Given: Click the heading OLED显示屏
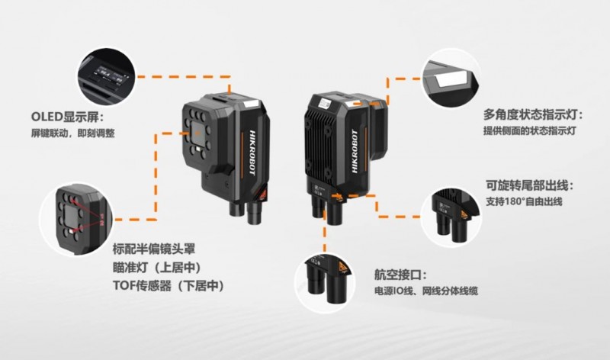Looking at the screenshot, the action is pyautogui.click(x=66, y=117).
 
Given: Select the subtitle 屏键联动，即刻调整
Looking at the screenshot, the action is pyautogui.click(x=72, y=133).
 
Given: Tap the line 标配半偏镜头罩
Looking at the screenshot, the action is pyautogui.click(x=154, y=249).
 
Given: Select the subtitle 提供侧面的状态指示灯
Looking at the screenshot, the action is pyautogui.click(x=529, y=130).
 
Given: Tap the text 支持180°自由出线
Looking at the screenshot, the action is pyautogui.click(x=524, y=201).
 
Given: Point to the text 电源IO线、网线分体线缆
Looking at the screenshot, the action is pyautogui.click(x=425, y=291).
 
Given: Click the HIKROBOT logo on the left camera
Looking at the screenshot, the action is pyautogui.click(x=252, y=153).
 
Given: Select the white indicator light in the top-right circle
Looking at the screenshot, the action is pyautogui.click(x=451, y=79).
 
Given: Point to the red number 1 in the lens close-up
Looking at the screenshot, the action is pyautogui.click(x=102, y=216).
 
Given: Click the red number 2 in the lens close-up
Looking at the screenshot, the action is pyautogui.click(x=102, y=223).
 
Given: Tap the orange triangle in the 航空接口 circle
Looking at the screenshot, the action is pyautogui.click(x=342, y=267).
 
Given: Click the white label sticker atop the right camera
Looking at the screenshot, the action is pyautogui.click(x=323, y=104).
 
